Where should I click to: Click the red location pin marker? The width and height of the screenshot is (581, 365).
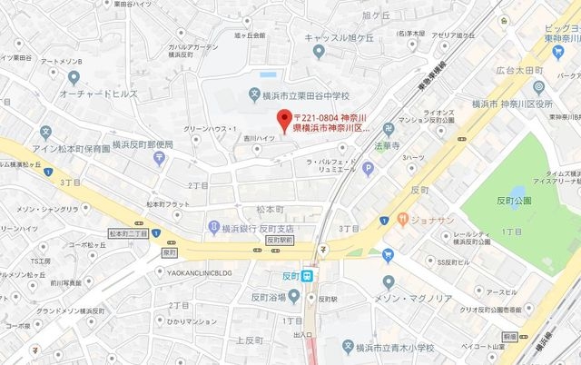[284, 118]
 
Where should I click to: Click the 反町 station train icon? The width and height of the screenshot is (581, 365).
[308, 276]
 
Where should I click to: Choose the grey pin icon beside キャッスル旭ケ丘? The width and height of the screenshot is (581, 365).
[318, 52]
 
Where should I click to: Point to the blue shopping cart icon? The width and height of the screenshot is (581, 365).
[389, 254]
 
